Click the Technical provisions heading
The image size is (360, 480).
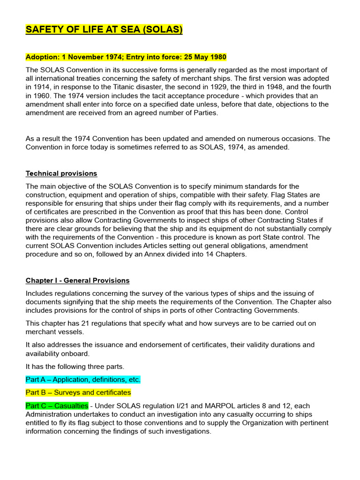click(61, 173)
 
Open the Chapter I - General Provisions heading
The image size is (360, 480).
click(77, 280)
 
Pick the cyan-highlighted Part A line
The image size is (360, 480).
click(83, 379)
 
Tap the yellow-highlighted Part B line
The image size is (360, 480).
click(78, 392)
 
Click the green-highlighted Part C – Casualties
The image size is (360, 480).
click(57, 405)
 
